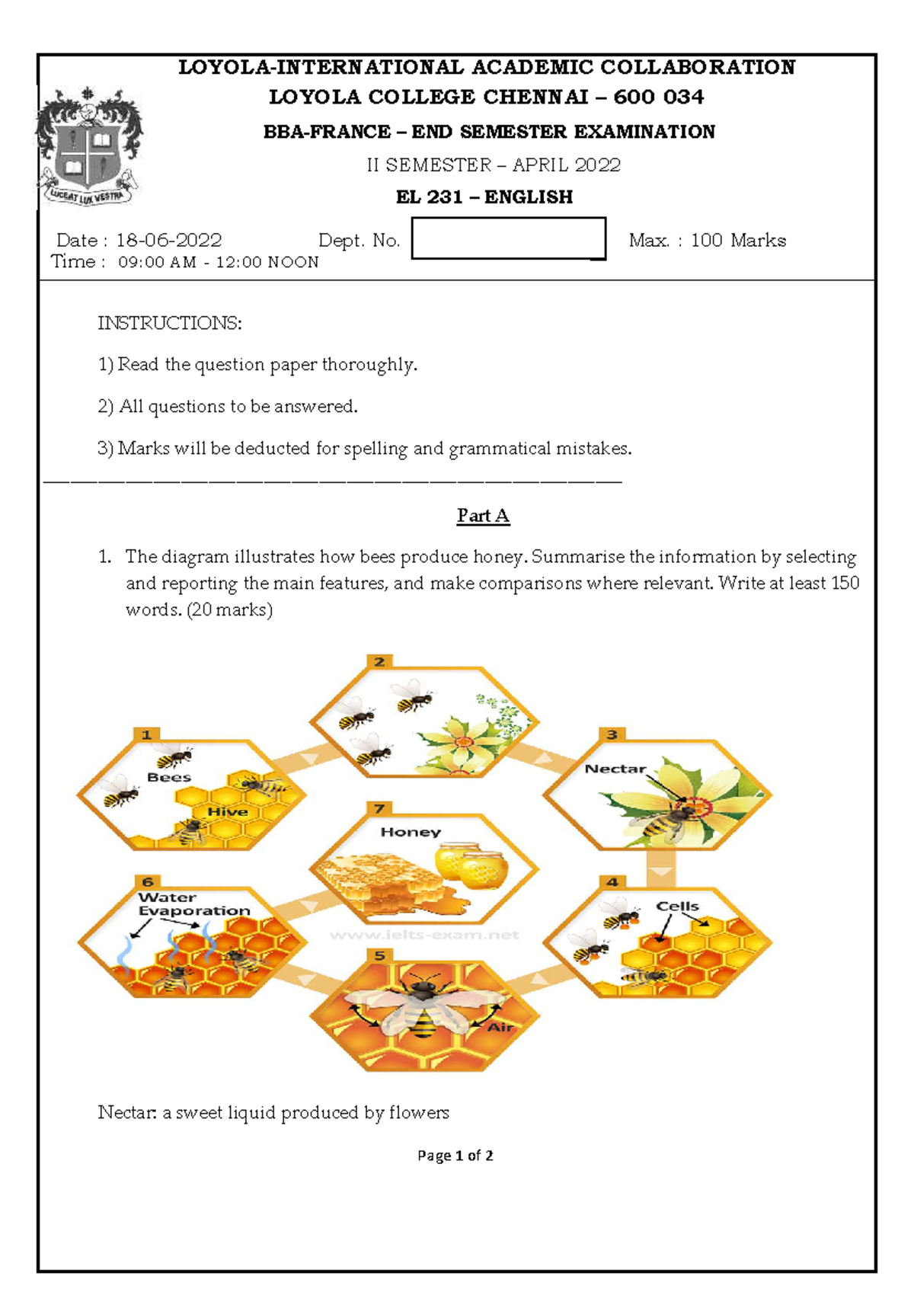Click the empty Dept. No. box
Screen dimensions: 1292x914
[x=508, y=238]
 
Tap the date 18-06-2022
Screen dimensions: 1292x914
[x=168, y=241]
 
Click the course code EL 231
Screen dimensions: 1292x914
[x=429, y=197]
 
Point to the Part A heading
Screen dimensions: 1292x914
[x=483, y=516]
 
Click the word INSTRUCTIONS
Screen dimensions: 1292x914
[x=169, y=323]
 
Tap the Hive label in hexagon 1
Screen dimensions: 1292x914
[x=227, y=812]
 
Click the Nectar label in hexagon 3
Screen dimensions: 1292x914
[x=615, y=769]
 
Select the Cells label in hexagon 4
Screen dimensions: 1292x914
[x=677, y=906]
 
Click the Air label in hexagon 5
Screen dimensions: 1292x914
[x=500, y=1027]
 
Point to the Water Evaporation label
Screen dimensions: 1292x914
[x=193, y=904]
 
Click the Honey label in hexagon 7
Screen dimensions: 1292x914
[x=411, y=832]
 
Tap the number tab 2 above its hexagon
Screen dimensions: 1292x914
[x=379, y=661]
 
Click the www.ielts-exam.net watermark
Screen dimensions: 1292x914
[x=424, y=935]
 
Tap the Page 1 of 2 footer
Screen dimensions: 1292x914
[x=455, y=1156]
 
